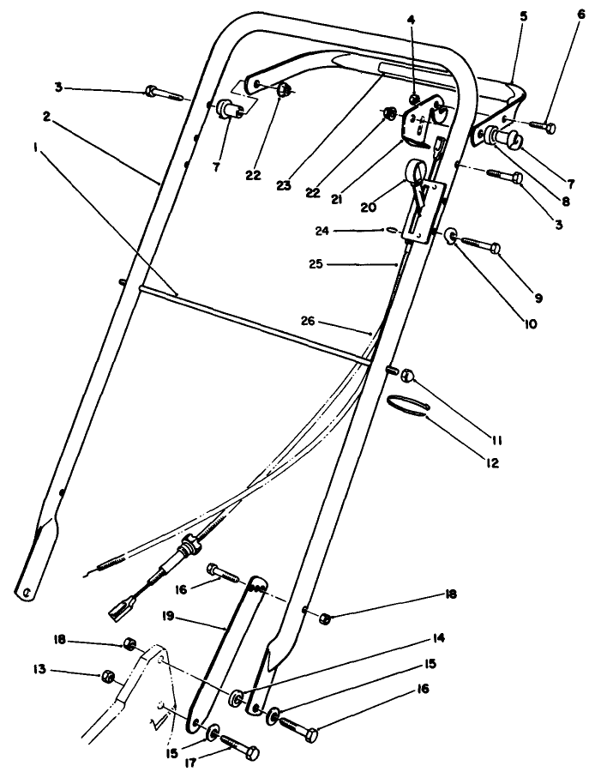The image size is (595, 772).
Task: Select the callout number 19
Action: [168, 615]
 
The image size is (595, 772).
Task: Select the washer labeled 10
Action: [449, 235]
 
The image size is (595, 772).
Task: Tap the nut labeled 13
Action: [107, 676]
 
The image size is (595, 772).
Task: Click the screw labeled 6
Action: [538, 127]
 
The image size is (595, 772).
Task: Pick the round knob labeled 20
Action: [420, 169]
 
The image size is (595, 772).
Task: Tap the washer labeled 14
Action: [237, 695]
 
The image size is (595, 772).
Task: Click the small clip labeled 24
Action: [391, 229]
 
